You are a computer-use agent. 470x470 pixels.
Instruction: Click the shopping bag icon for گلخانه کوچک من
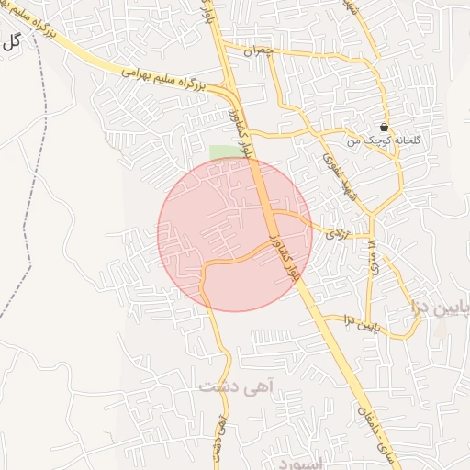[383, 128]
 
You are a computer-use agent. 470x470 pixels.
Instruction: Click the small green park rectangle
[221, 151]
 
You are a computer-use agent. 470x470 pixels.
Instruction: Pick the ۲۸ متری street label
[372, 249]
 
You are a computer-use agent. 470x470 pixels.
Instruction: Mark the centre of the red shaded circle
[235, 234]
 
